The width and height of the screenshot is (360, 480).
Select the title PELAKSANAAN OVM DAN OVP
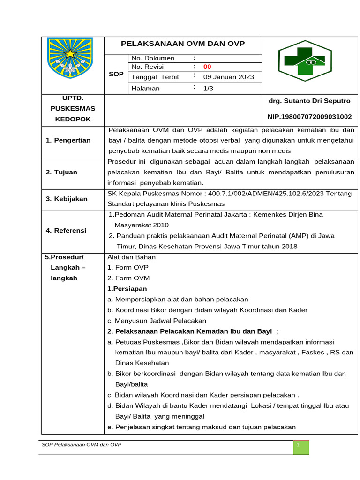pyautogui.click(x=183, y=44)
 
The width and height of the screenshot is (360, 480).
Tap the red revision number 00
pyautogui.click(x=207, y=67)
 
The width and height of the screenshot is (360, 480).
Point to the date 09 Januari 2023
pyautogui.click(x=229, y=77)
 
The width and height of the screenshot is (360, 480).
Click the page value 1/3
pyautogui.click(x=208, y=88)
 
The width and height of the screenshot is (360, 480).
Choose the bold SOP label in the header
pyautogui.click(x=116, y=74)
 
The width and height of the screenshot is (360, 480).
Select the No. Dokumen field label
pyautogui.click(x=153, y=58)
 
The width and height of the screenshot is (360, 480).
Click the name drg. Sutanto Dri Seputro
pyautogui.click(x=309, y=101)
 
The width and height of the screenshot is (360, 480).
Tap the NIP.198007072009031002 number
pyautogui.click(x=309, y=116)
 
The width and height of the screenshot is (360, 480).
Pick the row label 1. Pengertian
pyautogui.click(x=68, y=140)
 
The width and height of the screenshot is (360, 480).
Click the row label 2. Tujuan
pyautogui.click(x=62, y=172)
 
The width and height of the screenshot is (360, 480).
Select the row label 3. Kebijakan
pyautogui.click(x=67, y=199)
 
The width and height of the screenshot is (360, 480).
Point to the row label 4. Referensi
pyautogui.click(x=66, y=230)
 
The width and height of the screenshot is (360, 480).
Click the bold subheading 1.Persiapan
pyautogui.click(x=127, y=289)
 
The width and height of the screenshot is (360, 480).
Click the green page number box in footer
pyautogui.click(x=301, y=447)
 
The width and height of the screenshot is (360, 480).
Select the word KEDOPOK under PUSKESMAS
pyautogui.click(x=73, y=119)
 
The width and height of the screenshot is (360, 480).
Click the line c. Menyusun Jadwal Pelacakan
pyautogui.click(x=157, y=321)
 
